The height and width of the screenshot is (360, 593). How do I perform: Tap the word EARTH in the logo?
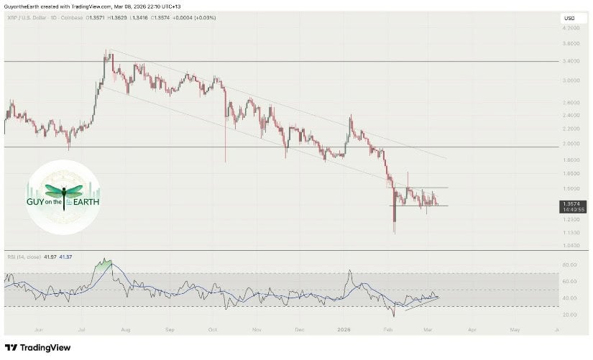coord(83,202)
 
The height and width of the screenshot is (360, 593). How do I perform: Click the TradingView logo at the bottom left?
coord(37,348)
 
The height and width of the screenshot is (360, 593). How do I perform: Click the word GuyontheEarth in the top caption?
coord(22,6)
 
